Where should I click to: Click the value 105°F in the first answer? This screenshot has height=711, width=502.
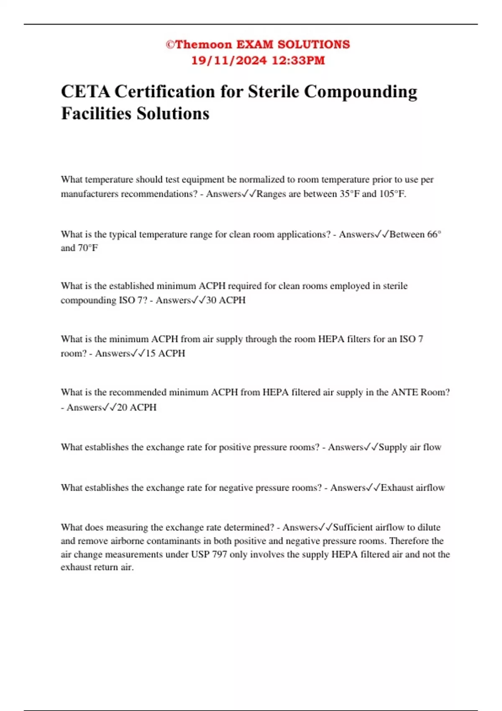coord(392,194)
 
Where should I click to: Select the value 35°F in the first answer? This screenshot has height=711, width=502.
coord(349,194)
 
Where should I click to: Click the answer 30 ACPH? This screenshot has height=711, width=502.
coord(226,300)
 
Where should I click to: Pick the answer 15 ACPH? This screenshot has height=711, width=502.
coord(165,353)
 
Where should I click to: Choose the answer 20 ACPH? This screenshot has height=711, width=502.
coord(137,407)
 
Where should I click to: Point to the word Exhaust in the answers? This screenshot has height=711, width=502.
coord(396,488)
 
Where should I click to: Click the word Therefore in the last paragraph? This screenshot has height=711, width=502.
coord(409,541)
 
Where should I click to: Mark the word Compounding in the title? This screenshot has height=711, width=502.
coord(360,92)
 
